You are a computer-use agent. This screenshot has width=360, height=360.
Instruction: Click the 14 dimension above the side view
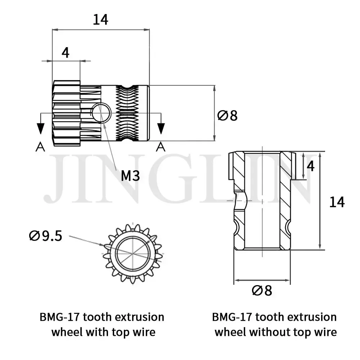(x=100, y=20)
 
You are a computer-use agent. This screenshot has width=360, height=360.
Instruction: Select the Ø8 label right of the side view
(x=228, y=116)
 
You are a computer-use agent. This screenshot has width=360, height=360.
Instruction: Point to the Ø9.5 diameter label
(x=46, y=236)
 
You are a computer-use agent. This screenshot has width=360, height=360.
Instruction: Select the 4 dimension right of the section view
(x=311, y=166)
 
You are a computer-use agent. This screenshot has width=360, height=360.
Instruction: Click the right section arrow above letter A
(x=161, y=127)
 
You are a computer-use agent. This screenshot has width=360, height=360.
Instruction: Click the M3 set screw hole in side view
(x=101, y=112)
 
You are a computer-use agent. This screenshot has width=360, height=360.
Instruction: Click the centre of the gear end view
(x=134, y=252)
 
